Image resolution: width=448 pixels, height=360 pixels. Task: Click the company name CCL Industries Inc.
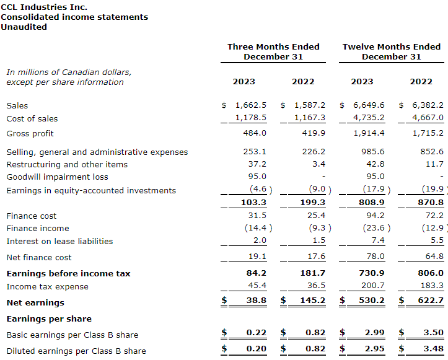coord(44,7)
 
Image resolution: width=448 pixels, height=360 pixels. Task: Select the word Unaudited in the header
coord(24,27)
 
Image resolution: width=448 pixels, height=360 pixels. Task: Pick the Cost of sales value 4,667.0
coord(428,118)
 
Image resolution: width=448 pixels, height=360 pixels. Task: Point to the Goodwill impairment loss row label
coord(57,177)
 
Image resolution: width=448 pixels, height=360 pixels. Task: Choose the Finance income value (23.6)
coord(372,228)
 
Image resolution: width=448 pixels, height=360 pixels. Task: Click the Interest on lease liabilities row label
coord(59,241)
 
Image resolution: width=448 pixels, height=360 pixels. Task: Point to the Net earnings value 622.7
coord(431,302)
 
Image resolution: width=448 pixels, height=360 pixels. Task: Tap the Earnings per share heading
coord(49,318)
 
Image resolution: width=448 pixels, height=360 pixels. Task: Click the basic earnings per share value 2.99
coord(375,333)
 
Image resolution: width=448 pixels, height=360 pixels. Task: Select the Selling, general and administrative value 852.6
coord(432,152)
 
